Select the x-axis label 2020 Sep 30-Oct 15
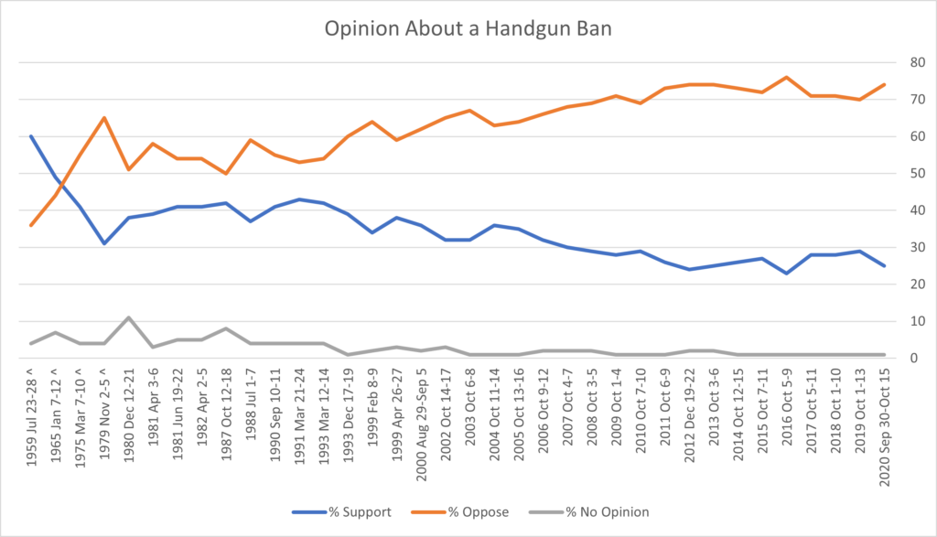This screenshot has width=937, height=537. (884, 429)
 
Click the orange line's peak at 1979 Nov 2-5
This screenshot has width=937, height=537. (104, 117)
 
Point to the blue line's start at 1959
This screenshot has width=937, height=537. (32, 136)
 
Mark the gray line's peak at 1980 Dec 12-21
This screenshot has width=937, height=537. (129, 317)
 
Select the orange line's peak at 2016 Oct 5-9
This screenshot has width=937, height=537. (787, 77)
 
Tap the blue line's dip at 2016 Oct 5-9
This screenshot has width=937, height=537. (787, 273)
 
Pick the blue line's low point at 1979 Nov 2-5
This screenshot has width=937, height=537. (104, 243)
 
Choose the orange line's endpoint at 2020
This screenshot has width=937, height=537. (884, 84)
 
